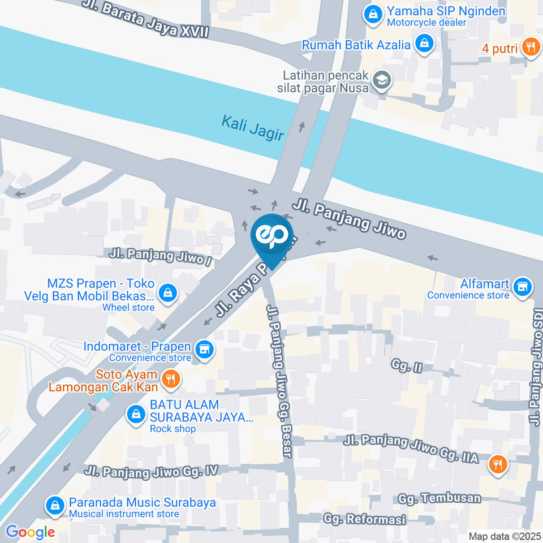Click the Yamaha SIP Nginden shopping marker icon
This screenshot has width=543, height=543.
pos(373,15)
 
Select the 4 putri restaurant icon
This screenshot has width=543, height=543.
pos(530,48)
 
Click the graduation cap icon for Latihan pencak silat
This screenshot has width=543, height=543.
pos(382,81)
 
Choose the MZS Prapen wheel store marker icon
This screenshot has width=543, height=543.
pos(167,293)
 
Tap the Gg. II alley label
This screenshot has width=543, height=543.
pos(406,366)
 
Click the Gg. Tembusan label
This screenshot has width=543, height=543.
pos(439,498)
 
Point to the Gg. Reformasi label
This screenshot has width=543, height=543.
pos(364,519)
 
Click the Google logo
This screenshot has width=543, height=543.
pos(30,532)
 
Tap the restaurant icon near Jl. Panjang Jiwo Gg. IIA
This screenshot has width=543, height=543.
pos(498,464)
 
